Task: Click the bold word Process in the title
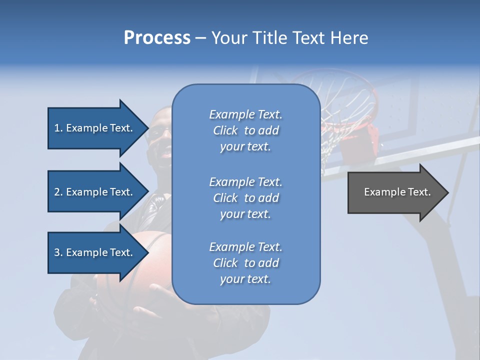click(157, 38)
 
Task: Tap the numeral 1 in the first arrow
click(57, 128)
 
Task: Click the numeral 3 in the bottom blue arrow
click(57, 252)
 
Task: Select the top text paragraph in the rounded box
click(245, 130)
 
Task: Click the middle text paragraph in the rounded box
click(245, 198)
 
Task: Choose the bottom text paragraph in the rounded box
click(245, 263)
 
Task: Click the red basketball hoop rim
click(350, 80)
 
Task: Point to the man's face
click(161, 135)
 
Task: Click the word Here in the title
click(350, 38)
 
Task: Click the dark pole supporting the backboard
click(440, 260)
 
